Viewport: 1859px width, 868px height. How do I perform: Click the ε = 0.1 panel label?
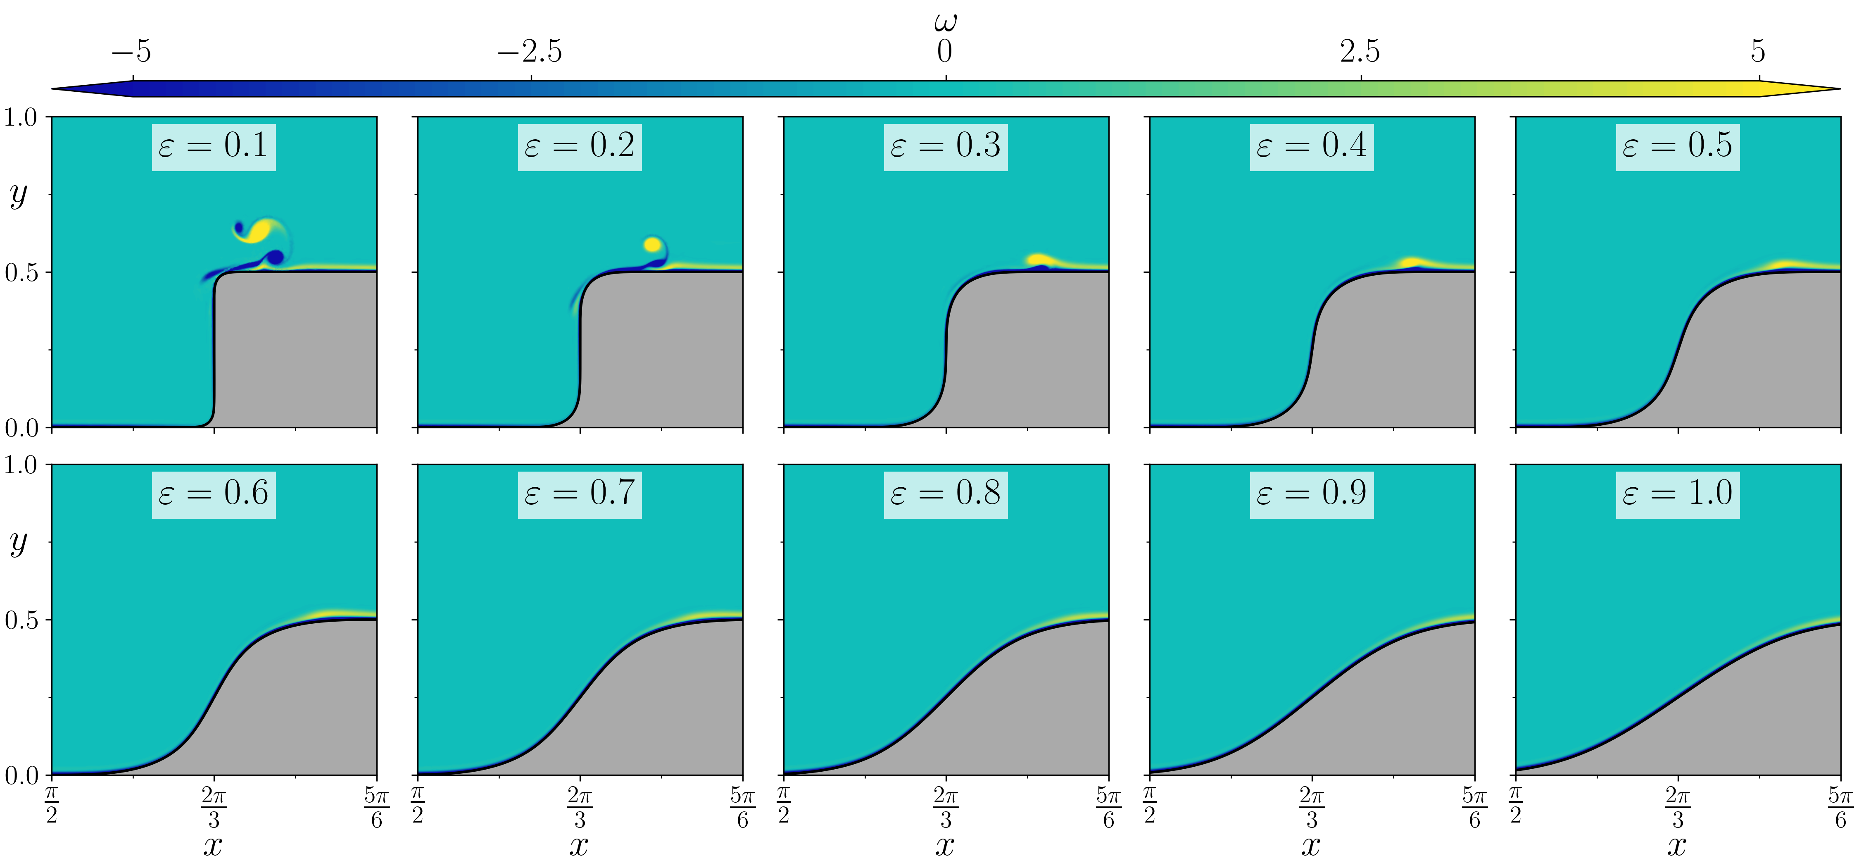click(x=214, y=147)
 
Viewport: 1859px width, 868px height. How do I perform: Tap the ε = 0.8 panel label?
click(x=945, y=494)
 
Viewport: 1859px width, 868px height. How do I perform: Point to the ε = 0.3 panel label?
click(x=945, y=147)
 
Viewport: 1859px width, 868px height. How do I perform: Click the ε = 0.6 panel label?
click(x=214, y=494)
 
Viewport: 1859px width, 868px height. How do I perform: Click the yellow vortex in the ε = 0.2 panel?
click(x=652, y=245)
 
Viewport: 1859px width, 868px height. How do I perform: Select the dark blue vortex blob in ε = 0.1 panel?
click(x=275, y=257)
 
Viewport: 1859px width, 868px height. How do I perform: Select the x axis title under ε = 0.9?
click(x=1311, y=845)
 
